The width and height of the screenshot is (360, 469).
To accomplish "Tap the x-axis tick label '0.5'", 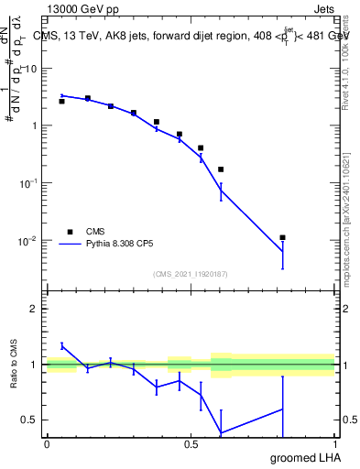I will [191, 443].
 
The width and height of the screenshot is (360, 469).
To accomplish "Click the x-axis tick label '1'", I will [334, 443].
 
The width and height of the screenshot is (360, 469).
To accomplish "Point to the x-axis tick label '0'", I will [47, 443].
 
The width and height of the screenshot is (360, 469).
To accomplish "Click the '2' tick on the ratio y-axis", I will [34, 309].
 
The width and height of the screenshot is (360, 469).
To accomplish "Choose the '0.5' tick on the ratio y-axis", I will [29, 420].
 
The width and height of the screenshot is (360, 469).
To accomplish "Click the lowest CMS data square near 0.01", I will [283, 237].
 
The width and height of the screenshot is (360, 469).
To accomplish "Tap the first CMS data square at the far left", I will [61, 101].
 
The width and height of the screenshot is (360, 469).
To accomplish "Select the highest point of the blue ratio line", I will [61, 345].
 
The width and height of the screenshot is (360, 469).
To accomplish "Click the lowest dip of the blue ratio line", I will [221, 432].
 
